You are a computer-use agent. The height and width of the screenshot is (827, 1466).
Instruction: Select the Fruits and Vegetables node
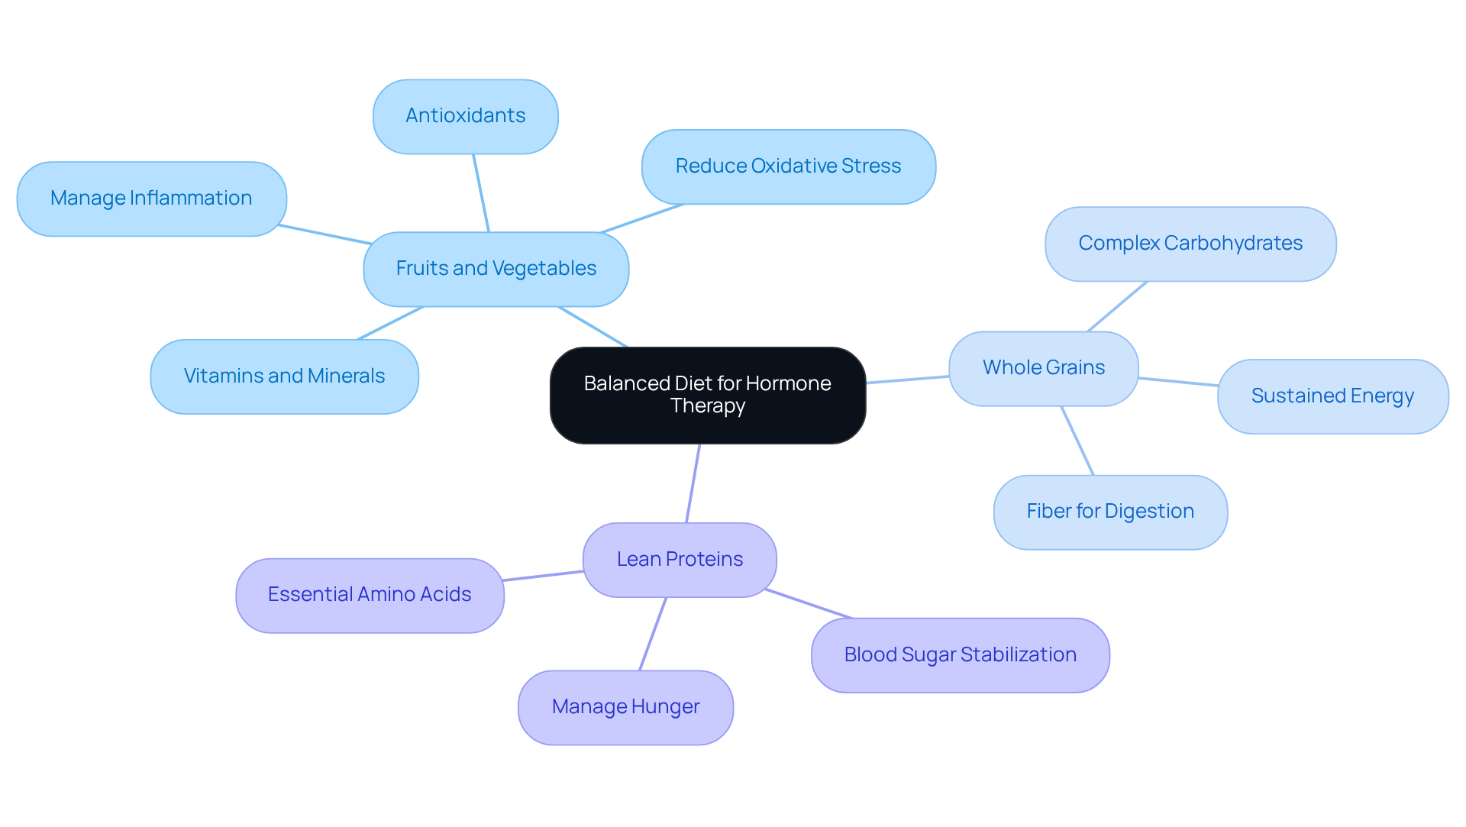(x=496, y=269)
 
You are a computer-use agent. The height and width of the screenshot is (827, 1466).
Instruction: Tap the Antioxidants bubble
(x=465, y=116)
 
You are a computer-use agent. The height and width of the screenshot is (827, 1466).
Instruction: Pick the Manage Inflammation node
(x=151, y=199)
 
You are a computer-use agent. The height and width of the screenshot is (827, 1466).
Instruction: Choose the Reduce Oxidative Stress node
(x=788, y=166)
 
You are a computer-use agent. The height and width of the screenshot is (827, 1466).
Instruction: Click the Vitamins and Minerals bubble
(x=284, y=376)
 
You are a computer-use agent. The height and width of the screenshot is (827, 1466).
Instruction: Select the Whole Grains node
(x=1043, y=368)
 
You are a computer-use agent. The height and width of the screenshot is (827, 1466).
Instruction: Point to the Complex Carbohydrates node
(x=1190, y=244)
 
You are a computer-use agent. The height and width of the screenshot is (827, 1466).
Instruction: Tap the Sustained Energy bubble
(x=1332, y=396)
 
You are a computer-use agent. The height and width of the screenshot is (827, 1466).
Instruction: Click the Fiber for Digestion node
(x=1109, y=512)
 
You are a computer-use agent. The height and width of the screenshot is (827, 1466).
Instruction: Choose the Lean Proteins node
(x=679, y=560)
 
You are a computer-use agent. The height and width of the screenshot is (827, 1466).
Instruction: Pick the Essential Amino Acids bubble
(x=370, y=595)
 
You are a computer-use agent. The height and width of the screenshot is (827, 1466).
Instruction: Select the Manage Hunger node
(x=625, y=707)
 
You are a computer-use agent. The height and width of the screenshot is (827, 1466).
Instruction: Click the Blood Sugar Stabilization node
(x=960, y=655)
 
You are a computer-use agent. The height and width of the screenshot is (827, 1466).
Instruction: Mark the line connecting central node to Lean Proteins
(x=693, y=483)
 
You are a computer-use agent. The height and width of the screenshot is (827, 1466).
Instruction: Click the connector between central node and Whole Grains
(x=907, y=380)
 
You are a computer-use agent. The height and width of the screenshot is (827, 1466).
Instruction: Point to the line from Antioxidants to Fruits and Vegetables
(x=481, y=193)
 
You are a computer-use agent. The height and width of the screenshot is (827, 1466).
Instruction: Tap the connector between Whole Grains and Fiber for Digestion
(x=1077, y=441)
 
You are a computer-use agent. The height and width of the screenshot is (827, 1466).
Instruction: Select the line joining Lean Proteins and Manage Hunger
(x=653, y=634)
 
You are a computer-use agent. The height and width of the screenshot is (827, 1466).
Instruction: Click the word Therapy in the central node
(x=707, y=406)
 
